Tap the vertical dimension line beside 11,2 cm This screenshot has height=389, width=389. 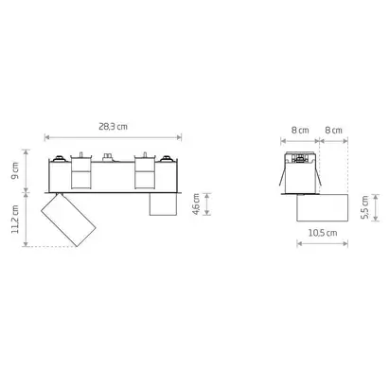(x=27, y=220)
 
